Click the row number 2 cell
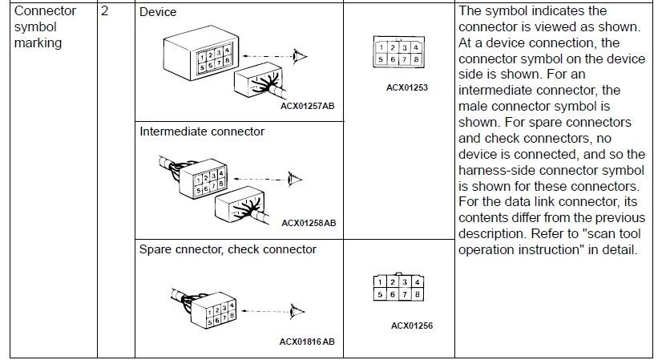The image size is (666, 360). [105, 12]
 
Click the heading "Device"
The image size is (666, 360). [158, 13]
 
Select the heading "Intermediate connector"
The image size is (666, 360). [202, 131]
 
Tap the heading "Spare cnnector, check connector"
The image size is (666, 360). [228, 249]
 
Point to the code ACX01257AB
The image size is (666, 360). [309, 104]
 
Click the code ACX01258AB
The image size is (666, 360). [309, 222]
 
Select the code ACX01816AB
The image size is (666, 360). [307, 342]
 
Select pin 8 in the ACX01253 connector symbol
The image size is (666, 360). [415, 59]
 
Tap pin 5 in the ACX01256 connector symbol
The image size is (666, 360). [381, 295]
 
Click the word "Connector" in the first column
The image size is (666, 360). [46, 11]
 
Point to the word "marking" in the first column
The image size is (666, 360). [38, 42]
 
